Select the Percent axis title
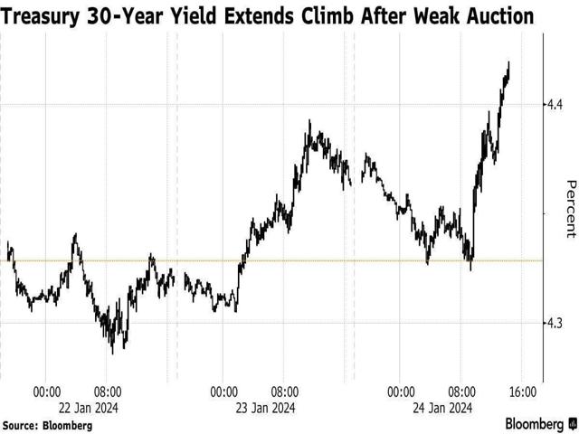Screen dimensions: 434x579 click(571, 209)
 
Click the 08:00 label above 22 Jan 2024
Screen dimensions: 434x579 click(108, 392)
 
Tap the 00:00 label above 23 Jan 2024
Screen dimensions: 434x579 click(224, 392)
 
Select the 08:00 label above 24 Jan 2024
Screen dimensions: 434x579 click(461, 392)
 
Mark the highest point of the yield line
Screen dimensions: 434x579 click(509, 62)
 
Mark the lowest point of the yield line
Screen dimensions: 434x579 click(112, 352)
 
